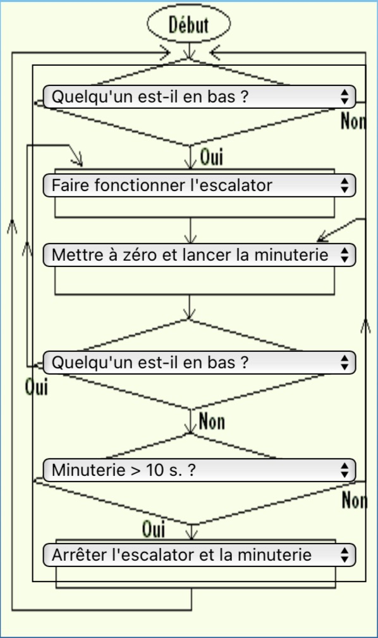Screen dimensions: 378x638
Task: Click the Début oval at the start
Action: pyautogui.click(x=188, y=24)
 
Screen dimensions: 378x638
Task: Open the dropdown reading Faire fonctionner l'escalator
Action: pyautogui.click(x=199, y=185)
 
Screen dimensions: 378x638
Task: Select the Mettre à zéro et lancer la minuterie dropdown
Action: pyautogui.click(x=199, y=255)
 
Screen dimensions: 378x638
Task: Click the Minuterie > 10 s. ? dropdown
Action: pyautogui.click(x=199, y=470)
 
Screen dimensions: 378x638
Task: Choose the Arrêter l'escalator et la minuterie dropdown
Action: pyautogui.click(x=199, y=555)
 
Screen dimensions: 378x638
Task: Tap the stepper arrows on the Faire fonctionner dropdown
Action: pyautogui.click(x=344, y=185)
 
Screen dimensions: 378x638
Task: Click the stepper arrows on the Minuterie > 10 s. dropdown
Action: pyautogui.click(x=344, y=470)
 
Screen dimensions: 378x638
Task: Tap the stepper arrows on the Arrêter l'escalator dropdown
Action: pyautogui.click(x=344, y=555)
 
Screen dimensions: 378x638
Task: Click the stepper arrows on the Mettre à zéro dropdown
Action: pyautogui.click(x=344, y=255)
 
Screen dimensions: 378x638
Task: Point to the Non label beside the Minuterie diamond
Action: pyautogui.click(x=355, y=500)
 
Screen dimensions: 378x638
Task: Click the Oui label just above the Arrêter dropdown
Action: pyautogui.click(x=154, y=529)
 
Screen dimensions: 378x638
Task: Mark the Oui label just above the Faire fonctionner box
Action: pyautogui.click(x=212, y=156)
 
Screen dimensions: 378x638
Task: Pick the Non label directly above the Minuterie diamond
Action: pyautogui.click(x=212, y=421)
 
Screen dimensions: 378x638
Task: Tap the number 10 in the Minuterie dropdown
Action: pyautogui.click(x=154, y=470)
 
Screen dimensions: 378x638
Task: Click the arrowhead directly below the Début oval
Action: pyautogui.click(x=189, y=54)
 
